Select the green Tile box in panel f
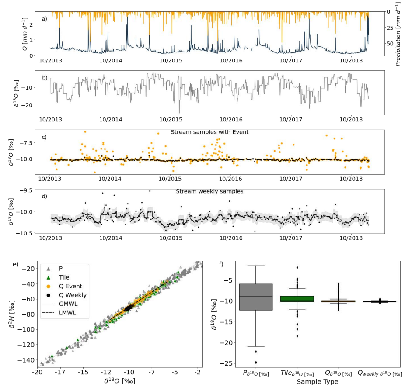(297, 299)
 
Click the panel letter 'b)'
(45, 78)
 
